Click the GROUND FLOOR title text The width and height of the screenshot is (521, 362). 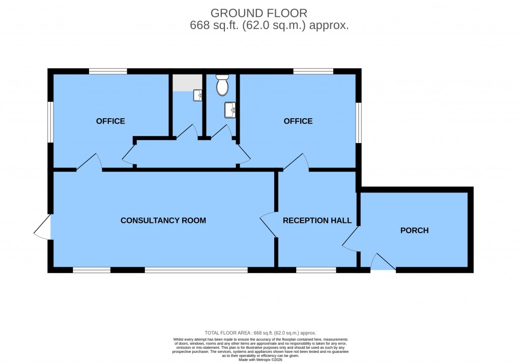tap(259, 13)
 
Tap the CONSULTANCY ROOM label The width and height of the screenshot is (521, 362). tap(163, 220)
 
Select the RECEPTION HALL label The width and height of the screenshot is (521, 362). tap(317, 220)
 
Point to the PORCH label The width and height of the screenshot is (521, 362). tap(414, 231)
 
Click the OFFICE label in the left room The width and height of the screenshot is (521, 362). tap(110, 121)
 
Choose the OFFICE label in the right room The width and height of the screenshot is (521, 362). tap(298, 121)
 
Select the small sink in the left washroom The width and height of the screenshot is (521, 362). tap(198, 94)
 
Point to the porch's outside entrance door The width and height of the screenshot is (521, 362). tap(383, 263)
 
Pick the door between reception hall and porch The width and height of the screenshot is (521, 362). tap(351, 239)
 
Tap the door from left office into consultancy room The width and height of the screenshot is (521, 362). tap(90, 162)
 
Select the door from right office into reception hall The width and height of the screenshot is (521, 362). tap(296, 162)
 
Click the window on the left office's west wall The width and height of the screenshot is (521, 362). tap(50, 122)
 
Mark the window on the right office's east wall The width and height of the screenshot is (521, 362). tap(359, 122)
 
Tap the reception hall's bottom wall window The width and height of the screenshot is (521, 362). tap(316, 270)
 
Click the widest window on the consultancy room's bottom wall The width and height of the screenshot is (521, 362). tap(196, 270)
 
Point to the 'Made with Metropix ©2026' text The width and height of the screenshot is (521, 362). tap(260, 359)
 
